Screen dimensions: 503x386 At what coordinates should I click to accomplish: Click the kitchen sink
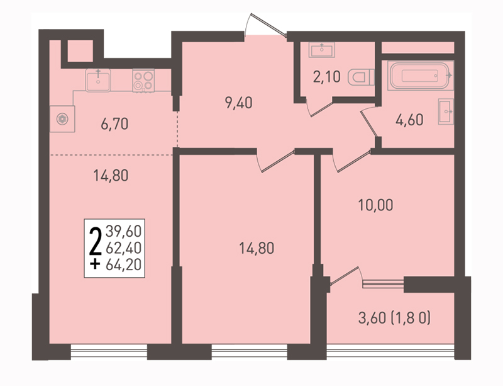coord(98,80)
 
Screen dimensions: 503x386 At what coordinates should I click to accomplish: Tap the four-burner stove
coord(143,81)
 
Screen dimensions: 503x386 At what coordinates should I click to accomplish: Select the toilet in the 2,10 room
coord(361,77)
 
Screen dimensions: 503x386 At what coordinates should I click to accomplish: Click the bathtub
coord(420,76)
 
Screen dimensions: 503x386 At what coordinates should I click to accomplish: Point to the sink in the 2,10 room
coord(322,50)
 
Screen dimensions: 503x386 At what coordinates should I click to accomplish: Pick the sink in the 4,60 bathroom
coord(446,111)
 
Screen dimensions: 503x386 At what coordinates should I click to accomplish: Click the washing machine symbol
coord(62,119)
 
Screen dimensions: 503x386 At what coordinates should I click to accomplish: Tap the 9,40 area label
coord(239,103)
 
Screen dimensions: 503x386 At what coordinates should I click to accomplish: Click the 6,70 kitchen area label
coord(114,124)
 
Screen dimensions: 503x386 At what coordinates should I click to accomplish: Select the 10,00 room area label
coord(375,205)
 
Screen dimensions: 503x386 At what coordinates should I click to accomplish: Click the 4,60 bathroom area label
coord(409,120)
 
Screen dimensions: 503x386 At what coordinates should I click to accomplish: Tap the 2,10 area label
coord(326,77)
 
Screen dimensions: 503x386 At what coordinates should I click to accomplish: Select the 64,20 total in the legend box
coord(123,265)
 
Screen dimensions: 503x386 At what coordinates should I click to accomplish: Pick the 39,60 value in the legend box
coord(123,231)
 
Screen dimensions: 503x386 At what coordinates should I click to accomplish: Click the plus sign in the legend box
coord(95,264)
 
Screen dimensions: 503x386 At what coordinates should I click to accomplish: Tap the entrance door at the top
coord(265,25)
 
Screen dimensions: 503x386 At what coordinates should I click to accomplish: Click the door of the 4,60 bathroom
coord(368,122)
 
